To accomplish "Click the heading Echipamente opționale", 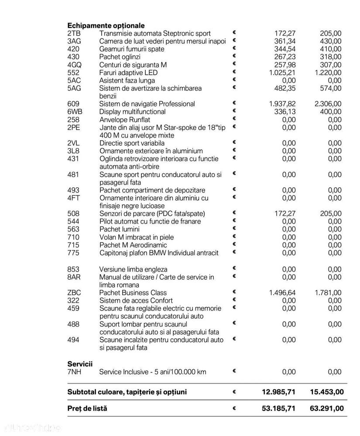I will tap(106, 26).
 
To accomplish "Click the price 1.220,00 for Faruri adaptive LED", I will tap(328, 73).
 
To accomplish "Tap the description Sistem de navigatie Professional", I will tap(147, 104).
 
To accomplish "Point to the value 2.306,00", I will tap(328, 104).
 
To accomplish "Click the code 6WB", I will tap(75, 112).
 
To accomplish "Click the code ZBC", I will tap(74, 293).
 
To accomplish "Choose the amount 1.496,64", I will tap(282, 293).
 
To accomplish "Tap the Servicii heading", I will tap(80, 364).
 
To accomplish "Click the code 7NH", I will tap(75, 372).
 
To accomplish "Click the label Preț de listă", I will tap(87, 409).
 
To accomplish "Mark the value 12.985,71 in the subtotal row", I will tap(278, 392).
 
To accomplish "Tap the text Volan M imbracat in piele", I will tap(137, 237).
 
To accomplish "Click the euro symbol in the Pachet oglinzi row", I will tap(234, 56).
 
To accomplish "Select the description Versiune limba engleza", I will tap(133, 269).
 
